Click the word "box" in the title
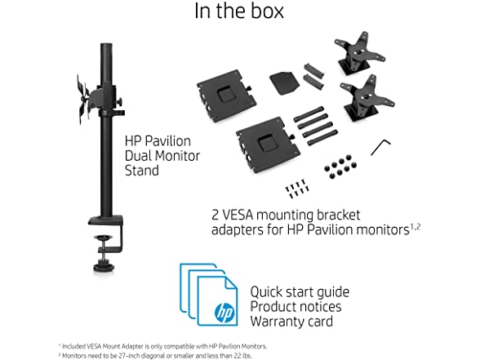tap(267, 11)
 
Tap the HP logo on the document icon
tap(224, 312)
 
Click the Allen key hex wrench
tap(380, 147)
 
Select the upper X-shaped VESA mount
tap(358, 52)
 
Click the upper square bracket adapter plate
tap(226, 96)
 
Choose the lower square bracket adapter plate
tap(267, 144)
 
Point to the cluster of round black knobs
tap(340, 167)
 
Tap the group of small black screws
tap(296, 189)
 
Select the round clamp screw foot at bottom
tap(104, 266)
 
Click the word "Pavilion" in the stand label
tap(168, 141)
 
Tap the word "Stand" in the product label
tap(142, 171)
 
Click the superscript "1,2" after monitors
tap(415, 227)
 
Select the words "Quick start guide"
tap(300, 292)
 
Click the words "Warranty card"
tap(291, 322)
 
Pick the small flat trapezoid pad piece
tap(284, 82)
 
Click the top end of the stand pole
tap(106, 45)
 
